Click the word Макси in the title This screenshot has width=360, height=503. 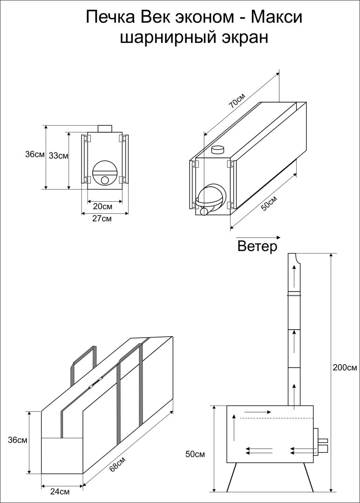point(277,18)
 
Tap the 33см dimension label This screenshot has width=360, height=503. point(58,156)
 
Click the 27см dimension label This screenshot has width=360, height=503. point(102,218)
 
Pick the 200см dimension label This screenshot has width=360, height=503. point(345,367)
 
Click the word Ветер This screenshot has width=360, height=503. point(257,246)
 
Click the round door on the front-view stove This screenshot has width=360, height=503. point(106,174)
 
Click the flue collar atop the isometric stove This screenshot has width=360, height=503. point(218,150)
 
